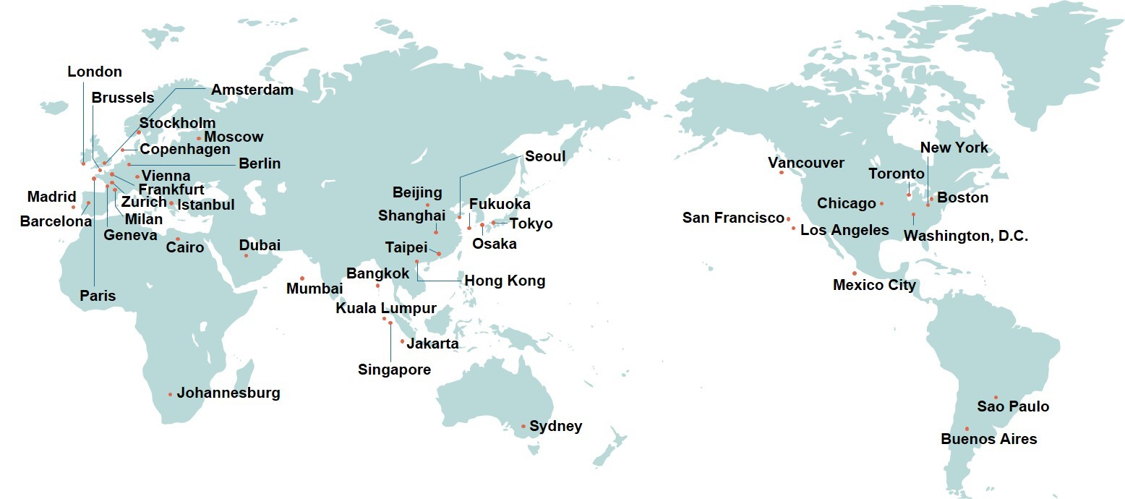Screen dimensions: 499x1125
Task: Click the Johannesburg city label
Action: pyautogui.click(x=228, y=393)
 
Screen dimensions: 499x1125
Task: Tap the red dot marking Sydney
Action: pyautogui.click(x=524, y=426)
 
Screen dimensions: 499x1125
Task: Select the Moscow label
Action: pyautogui.click(x=234, y=137)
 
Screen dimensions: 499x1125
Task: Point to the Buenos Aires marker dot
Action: pyautogui.click(x=967, y=429)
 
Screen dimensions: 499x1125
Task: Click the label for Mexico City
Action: pyautogui.click(x=874, y=285)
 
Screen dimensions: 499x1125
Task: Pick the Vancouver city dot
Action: pyautogui.click(x=782, y=172)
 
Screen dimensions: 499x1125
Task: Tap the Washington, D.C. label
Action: pyautogui.click(x=966, y=236)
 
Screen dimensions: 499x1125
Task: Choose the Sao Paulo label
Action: pyautogui.click(x=1013, y=406)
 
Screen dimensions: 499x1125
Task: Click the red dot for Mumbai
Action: pyautogui.click(x=302, y=278)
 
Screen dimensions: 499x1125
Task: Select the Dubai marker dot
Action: pyautogui.click(x=246, y=255)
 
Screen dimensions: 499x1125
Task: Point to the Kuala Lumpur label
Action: pyautogui.click(x=386, y=308)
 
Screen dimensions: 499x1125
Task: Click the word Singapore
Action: pyautogui.click(x=394, y=370)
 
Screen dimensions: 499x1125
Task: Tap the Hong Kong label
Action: pyautogui.click(x=505, y=281)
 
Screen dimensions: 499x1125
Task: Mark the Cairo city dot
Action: pyautogui.click(x=177, y=239)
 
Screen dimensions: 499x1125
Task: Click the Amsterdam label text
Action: pyautogui.click(x=252, y=90)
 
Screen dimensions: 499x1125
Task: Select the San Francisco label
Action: pyautogui.click(x=733, y=218)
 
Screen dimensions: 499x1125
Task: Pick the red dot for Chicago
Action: pyautogui.click(x=882, y=204)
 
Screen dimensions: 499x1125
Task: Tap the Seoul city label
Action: pyautogui.click(x=545, y=156)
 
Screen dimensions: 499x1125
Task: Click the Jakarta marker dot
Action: pyautogui.click(x=402, y=341)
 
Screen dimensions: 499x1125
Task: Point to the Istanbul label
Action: pyautogui.click(x=206, y=205)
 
